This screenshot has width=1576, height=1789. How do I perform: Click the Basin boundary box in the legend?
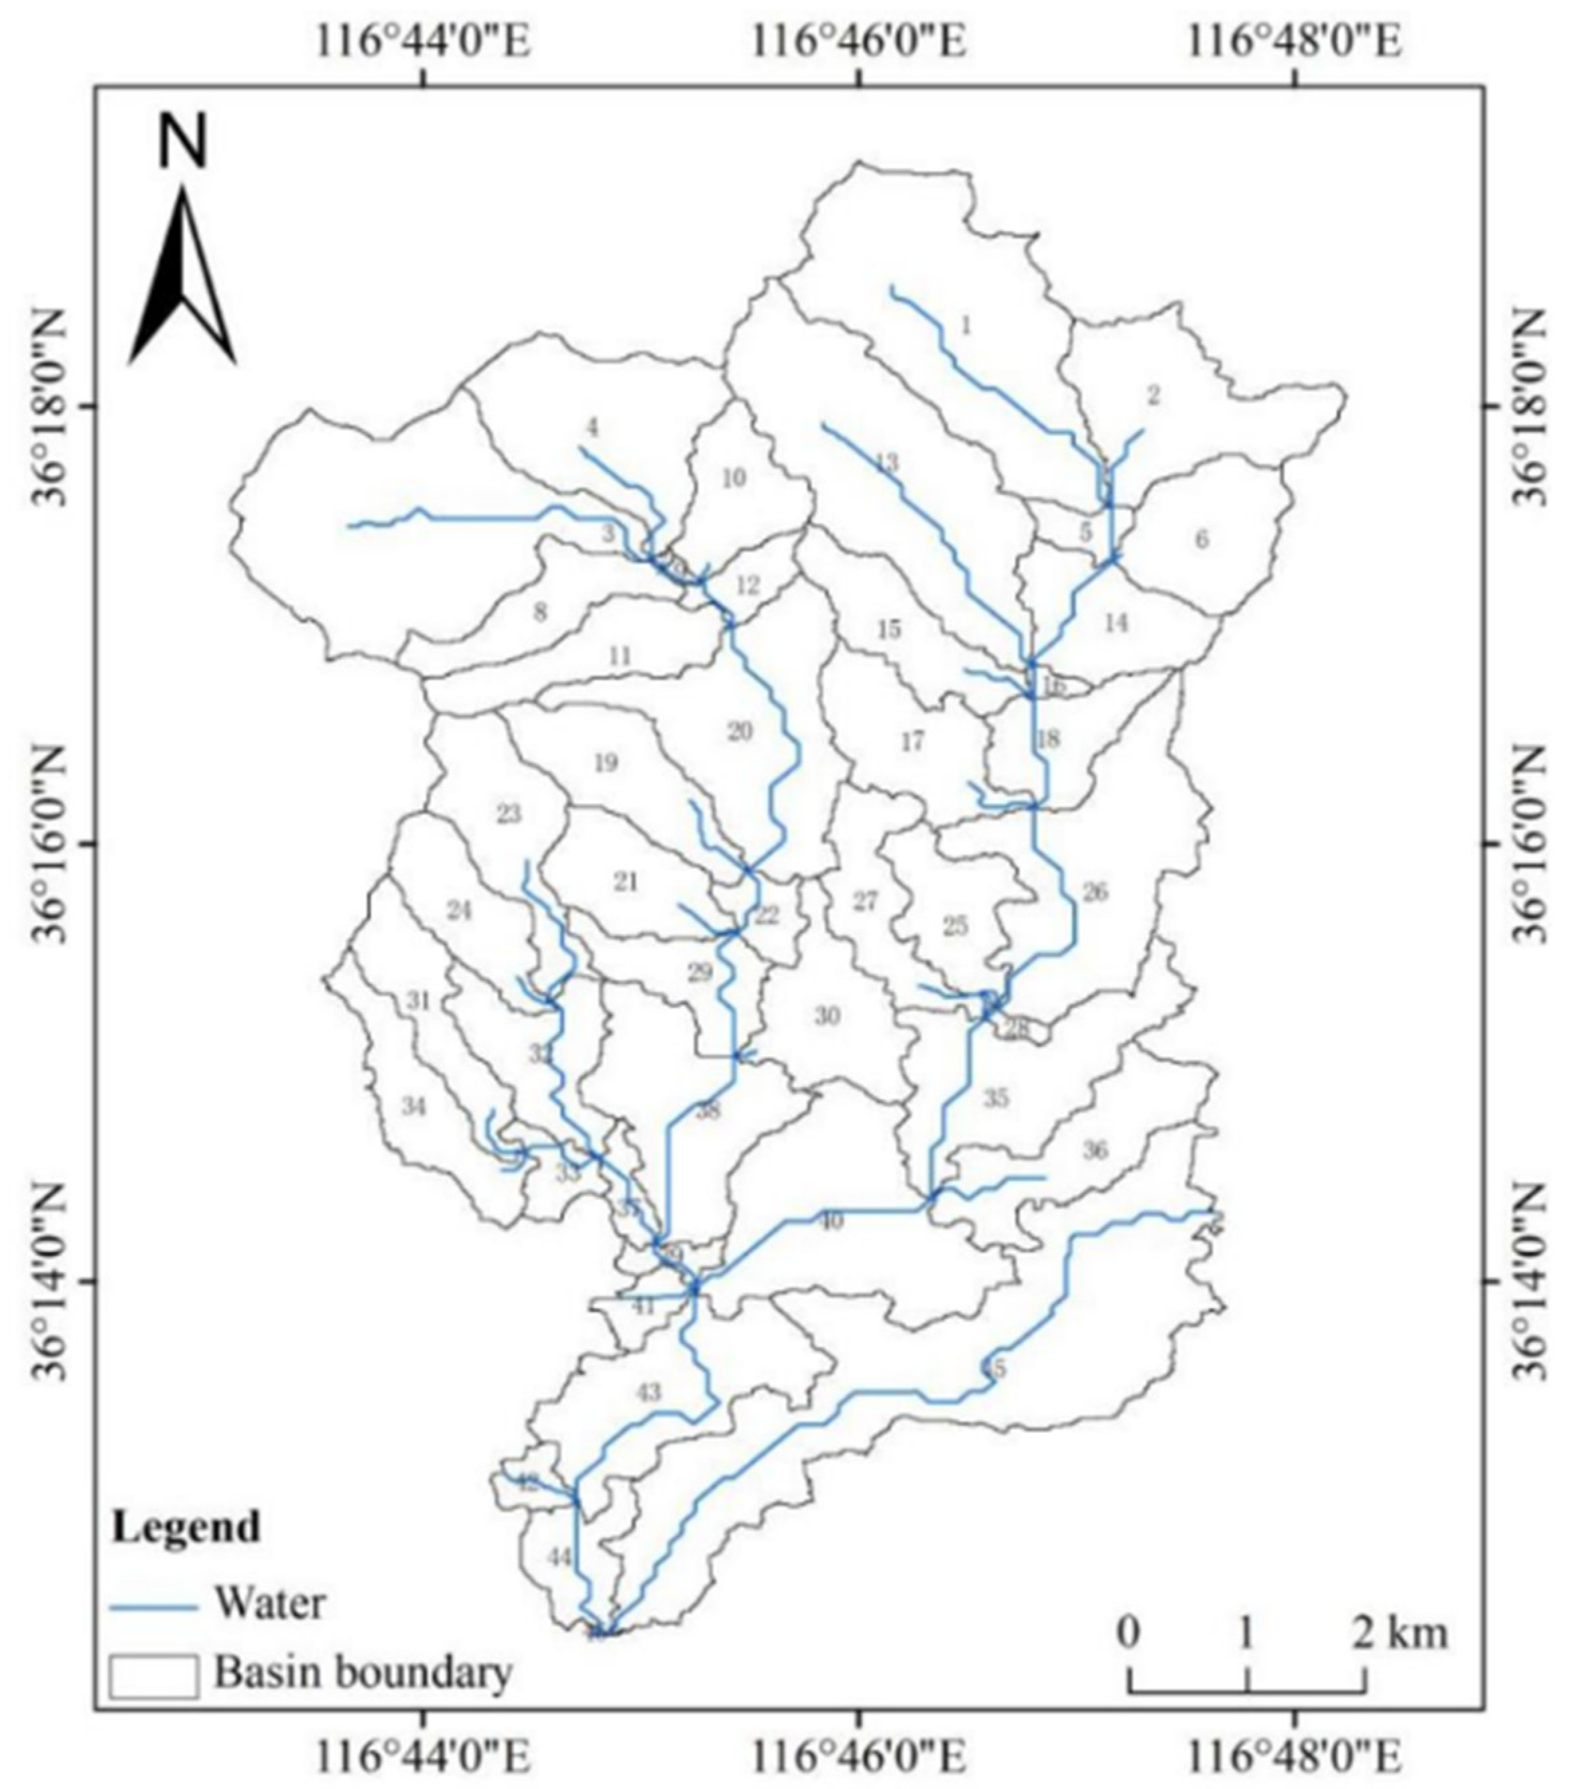pos(153,1675)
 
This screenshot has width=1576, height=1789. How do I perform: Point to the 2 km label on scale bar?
pos(1401,1633)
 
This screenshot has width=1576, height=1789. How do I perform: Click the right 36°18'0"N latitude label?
pos(1530,407)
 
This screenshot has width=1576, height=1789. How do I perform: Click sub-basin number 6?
pos(1201,539)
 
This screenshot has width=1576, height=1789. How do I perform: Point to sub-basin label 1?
pos(966,326)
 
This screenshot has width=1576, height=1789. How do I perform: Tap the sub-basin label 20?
pos(740,731)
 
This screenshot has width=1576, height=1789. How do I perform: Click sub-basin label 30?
pos(828,1015)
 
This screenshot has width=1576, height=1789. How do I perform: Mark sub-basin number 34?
pos(413,1107)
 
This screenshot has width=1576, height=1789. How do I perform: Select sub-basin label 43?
pos(649,1392)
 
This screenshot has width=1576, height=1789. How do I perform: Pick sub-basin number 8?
pos(540,612)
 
